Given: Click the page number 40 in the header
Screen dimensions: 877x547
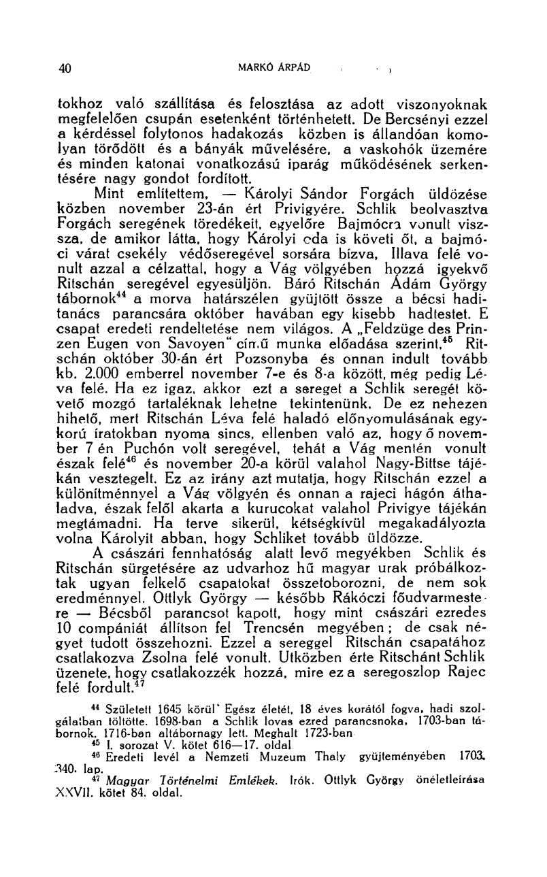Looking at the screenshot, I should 65,67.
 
